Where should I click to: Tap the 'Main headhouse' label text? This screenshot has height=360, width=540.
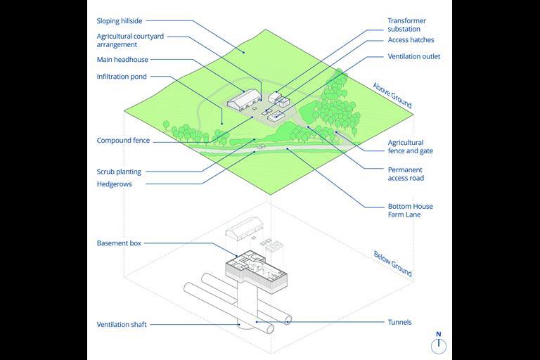122,60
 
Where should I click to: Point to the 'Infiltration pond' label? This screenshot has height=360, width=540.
122,77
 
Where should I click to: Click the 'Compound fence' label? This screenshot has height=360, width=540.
123,141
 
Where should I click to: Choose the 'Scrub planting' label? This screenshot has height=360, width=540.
119,172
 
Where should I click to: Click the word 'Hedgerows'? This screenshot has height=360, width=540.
114,184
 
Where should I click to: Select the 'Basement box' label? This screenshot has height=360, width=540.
119,243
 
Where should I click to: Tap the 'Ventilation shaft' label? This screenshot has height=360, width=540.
122,325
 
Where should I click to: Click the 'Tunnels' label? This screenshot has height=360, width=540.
400,323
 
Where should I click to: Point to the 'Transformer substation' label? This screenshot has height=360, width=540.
407,25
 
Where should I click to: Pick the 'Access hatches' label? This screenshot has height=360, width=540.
411,41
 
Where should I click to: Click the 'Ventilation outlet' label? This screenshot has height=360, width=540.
414,56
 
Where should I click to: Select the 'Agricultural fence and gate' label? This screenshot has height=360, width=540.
410,147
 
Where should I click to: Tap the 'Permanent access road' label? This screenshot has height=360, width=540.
406,174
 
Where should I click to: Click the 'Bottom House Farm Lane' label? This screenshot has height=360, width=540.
410,210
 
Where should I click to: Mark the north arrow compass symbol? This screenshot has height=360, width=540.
439,344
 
